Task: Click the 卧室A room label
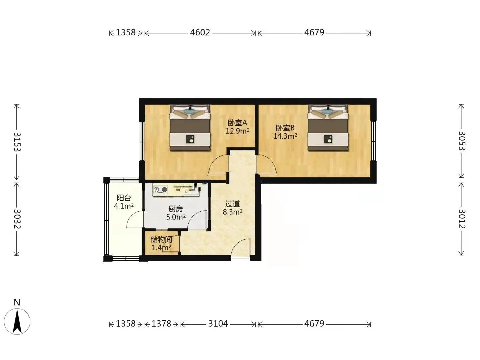tap(237, 123)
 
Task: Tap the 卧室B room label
tap(285, 128)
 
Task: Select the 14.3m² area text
tap(285, 136)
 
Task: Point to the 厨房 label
tap(176, 209)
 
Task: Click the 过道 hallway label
tap(232, 204)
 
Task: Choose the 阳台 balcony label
tap(124, 198)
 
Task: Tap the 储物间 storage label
tap(161, 240)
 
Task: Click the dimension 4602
tap(200, 33)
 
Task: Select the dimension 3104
tap(218, 323)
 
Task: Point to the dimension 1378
tap(161, 323)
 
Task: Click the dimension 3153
tap(17, 142)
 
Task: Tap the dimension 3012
tap(462, 219)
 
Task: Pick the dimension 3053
tap(462, 141)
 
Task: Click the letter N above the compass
tap(17, 302)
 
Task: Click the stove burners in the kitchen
tap(161, 190)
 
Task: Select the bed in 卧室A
tap(190, 128)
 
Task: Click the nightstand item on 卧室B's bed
tap(328, 139)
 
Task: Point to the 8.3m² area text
tap(232, 212)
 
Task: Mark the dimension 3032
tap(17, 219)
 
